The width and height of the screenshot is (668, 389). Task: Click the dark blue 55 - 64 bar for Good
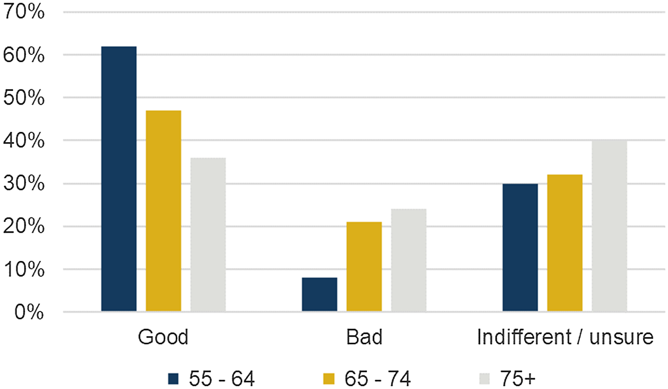tap(119, 179)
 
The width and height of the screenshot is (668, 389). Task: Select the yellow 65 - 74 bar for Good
tap(164, 211)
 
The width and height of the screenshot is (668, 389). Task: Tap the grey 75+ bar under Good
tap(208, 235)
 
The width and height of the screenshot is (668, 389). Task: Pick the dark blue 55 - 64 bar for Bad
tap(320, 295)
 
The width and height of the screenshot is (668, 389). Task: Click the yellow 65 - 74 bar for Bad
tap(364, 267)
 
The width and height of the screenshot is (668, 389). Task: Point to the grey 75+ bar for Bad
tap(408, 260)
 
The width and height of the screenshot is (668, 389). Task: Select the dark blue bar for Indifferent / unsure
tap(520, 248)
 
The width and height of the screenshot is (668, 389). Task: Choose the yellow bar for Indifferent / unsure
tap(565, 243)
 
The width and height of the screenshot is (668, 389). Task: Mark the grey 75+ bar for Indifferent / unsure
tap(609, 226)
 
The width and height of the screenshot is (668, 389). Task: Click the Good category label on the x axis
tap(163, 338)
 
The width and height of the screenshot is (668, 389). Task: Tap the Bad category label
tap(364, 338)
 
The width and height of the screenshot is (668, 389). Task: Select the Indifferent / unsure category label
tap(565, 338)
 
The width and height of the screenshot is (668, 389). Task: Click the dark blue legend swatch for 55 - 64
tap(173, 377)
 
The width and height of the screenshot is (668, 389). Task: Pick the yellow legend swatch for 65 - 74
tap(328, 377)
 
